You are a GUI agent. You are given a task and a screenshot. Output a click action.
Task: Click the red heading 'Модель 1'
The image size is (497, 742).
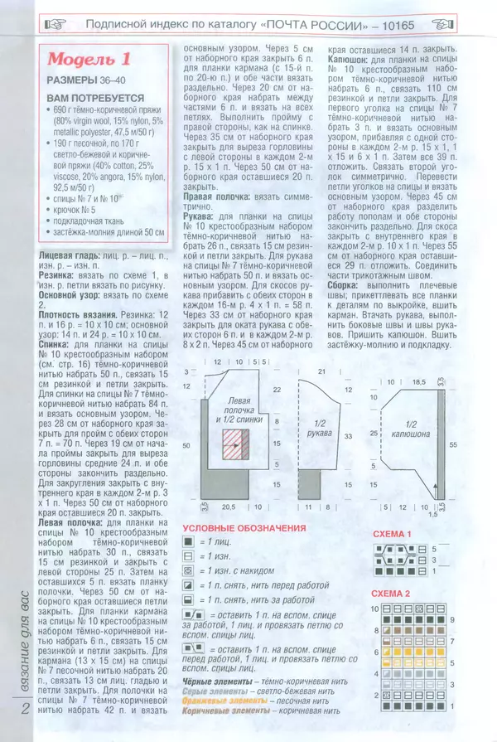(89, 59)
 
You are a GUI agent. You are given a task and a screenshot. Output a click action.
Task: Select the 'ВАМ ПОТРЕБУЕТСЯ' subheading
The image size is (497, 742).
(91, 98)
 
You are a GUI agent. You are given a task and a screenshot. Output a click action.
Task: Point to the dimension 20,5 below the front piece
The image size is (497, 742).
(228, 506)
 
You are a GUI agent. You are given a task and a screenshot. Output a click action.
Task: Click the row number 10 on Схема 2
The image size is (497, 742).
(375, 609)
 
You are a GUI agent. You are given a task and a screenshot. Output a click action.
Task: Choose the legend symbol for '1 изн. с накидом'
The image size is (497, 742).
(189, 571)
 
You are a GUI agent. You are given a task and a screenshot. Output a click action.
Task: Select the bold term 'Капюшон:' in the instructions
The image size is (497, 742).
(352, 61)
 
